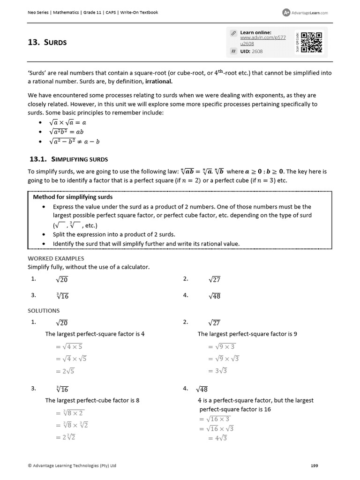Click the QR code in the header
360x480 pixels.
point(311,42)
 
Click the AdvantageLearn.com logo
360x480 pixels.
point(305,13)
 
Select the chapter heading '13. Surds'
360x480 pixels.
point(47,43)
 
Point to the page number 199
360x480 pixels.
point(315,465)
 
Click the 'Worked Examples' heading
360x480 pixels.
point(56,258)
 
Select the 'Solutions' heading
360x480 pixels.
point(44,310)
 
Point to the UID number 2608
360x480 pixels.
point(257,52)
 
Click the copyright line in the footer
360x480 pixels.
point(72,465)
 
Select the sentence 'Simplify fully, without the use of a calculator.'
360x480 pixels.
point(88,267)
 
